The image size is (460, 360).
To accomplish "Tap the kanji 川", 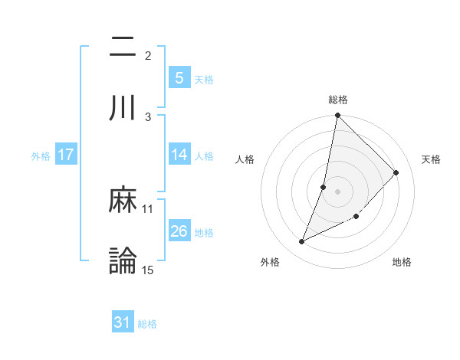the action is (123, 106).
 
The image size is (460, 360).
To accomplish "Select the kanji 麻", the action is (123, 201).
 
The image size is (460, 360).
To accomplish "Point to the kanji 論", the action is (123, 260).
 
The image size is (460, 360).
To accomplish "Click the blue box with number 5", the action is (179, 77).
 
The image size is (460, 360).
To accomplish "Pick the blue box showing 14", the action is (179, 155).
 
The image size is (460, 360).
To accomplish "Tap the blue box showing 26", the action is (179, 231).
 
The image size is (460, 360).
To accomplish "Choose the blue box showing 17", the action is (66, 155).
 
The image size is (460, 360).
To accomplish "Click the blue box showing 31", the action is (123, 323).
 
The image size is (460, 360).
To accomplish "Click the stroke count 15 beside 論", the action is (148, 270).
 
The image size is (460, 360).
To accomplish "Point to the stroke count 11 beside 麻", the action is (148, 208).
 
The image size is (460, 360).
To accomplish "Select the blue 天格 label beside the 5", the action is (204, 79).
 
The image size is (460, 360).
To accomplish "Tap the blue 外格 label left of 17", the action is (41, 155).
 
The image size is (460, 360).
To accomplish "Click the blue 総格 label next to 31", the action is (147, 324).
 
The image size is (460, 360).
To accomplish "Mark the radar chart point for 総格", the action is (337, 116).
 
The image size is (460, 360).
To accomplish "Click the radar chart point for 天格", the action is (396, 172).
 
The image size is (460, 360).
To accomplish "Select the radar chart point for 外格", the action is (302, 242).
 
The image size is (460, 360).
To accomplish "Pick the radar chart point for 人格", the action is (324, 187).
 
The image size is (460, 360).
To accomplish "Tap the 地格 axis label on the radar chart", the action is (402, 262).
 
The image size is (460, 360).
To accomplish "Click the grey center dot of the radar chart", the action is (337, 191).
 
